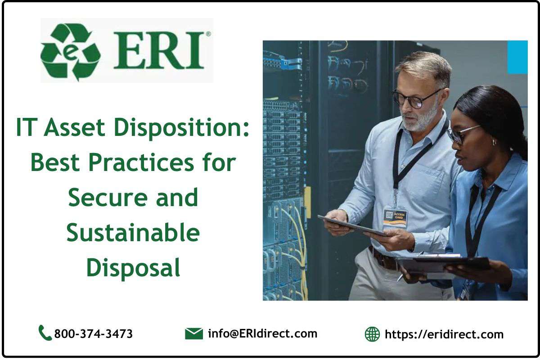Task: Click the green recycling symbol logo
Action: pyautogui.click(x=70, y=52)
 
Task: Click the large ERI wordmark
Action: pyautogui.click(x=159, y=50)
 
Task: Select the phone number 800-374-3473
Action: pyautogui.click(x=93, y=334)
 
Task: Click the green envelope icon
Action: pyautogui.click(x=194, y=333)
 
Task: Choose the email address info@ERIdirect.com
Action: pyautogui.click(x=262, y=333)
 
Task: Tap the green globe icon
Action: pyautogui.click(x=372, y=334)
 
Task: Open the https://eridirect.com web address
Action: pyautogui.click(x=444, y=334)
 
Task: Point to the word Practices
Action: pyautogui.click(x=141, y=162)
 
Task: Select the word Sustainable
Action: pyautogui.click(x=133, y=233)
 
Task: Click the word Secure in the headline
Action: pyautogui.click(x=108, y=198)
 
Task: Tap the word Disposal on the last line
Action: pyautogui.click(x=133, y=268)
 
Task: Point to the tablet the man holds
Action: pyautogui.click(x=352, y=226)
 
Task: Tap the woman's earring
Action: pyautogui.click(x=494, y=142)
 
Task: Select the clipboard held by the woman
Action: pyautogui.click(x=444, y=265)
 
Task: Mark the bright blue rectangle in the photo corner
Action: pyautogui.click(x=517, y=57)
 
